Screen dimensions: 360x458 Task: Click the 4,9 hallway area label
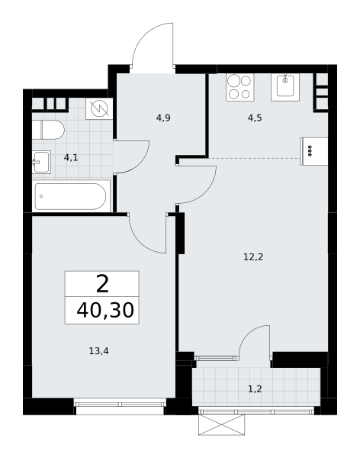coord(163,118)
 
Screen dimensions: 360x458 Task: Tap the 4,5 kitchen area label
coord(255,118)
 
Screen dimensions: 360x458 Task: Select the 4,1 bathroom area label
coord(71,158)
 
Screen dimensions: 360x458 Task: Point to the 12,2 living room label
coord(253,257)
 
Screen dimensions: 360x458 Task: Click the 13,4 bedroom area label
coord(98,351)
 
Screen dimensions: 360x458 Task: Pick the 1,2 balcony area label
coord(255,389)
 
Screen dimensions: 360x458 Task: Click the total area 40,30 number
coord(105,310)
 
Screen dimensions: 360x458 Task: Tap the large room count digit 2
coord(102,284)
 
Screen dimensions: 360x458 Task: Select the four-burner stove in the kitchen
coord(239,87)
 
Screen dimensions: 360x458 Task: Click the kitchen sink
coord(285,87)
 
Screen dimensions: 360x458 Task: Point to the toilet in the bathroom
coord(48,130)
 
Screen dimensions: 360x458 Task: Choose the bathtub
coord(71,196)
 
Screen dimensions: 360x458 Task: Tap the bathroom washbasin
coord(41,162)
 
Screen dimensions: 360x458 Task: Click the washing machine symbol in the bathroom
coord(99,108)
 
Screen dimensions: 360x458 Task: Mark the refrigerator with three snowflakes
coord(314,151)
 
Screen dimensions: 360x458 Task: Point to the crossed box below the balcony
coord(222,424)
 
